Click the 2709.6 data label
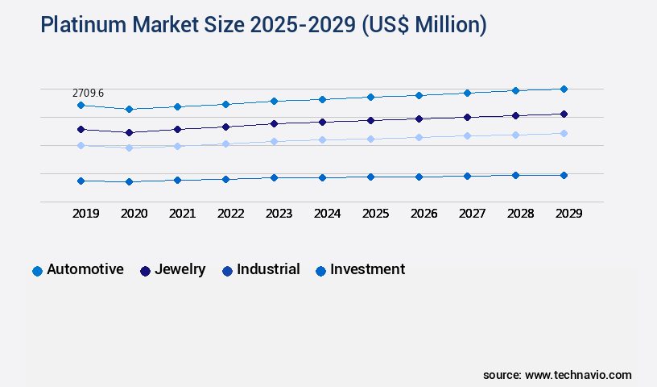(x=88, y=94)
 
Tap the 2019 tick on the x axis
(x=86, y=214)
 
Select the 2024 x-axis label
(x=327, y=214)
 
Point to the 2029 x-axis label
(x=568, y=214)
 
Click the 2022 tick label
(x=231, y=214)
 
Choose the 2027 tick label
(x=472, y=214)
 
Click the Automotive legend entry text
(x=85, y=269)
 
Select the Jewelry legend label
(x=180, y=269)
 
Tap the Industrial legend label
(x=268, y=269)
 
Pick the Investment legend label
(x=367, y=269)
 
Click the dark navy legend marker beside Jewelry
(x=146, y=271)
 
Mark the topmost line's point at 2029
(x=564, y=89)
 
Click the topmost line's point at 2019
(x=81, y=105)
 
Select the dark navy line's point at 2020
(x=129, y=132)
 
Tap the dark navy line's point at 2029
(x=564, y=114)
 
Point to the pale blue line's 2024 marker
(x=322, y=139)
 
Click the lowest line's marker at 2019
(x=81, y=181)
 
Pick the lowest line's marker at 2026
(x=419, y=177)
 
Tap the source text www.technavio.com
(x=578, y=375)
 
